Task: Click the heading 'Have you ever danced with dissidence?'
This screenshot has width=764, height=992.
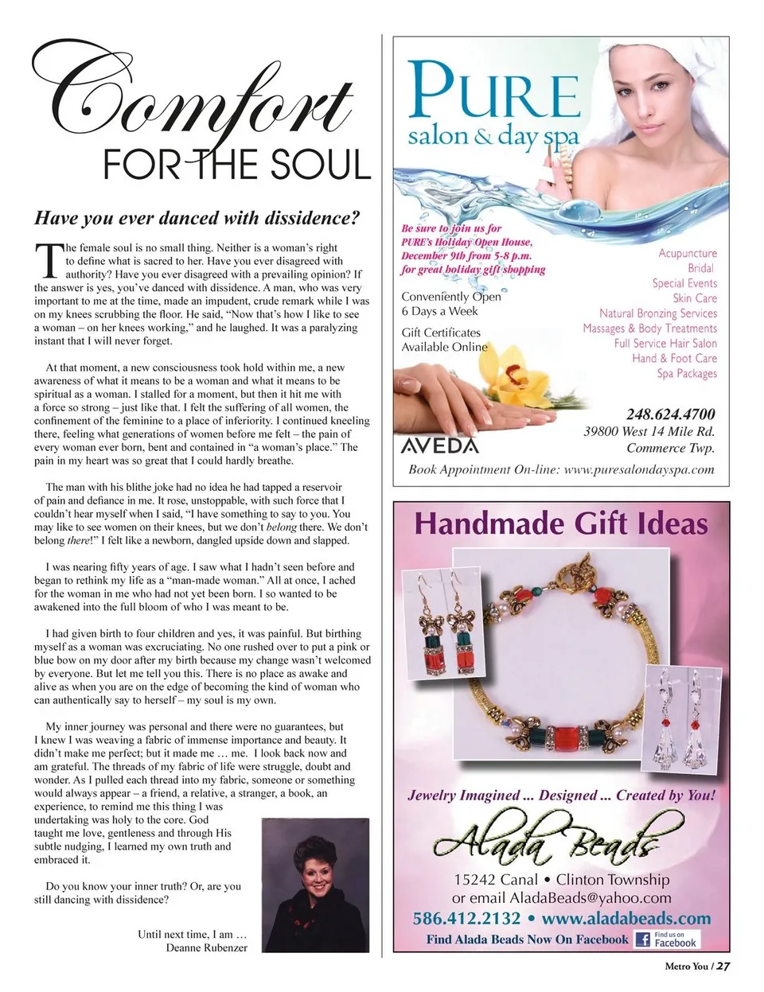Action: [197, 218]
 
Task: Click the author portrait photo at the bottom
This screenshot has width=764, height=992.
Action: [314, 884]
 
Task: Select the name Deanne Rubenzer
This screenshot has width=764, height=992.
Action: [206, 948]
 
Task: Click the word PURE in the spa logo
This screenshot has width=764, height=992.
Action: [494, 95]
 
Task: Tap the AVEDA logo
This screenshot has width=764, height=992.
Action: [440, 445]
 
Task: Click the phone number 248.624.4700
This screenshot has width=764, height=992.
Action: [670, 414]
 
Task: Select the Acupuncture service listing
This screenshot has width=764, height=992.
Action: [688, 253]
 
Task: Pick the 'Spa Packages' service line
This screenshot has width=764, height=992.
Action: [687, 373]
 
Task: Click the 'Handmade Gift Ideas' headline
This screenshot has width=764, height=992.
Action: [561, 525]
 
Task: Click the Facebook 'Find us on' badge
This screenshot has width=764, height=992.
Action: [667, 939]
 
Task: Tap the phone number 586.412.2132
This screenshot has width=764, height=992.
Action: [466, 918]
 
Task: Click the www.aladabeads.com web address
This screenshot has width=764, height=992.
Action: [626, 918]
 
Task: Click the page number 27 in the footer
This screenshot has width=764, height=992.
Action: [723, 967]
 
